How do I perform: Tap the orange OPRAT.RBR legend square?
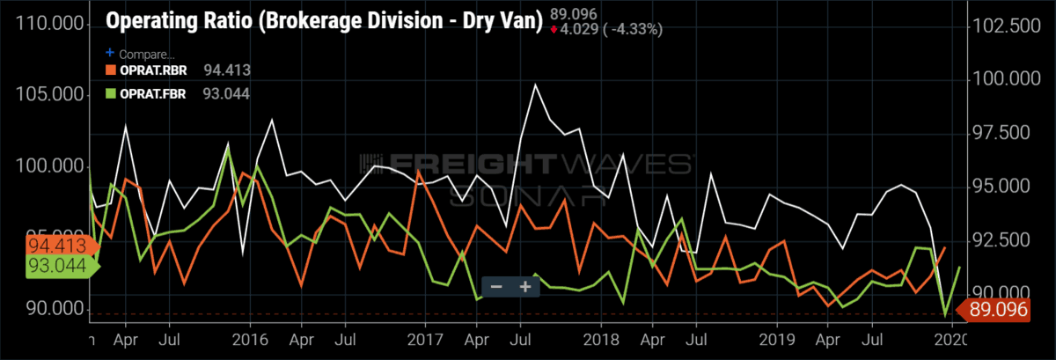(110, 70)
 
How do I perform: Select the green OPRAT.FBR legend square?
(110, 91)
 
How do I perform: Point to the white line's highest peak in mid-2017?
(534, 85)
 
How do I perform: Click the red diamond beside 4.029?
(553, 29)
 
